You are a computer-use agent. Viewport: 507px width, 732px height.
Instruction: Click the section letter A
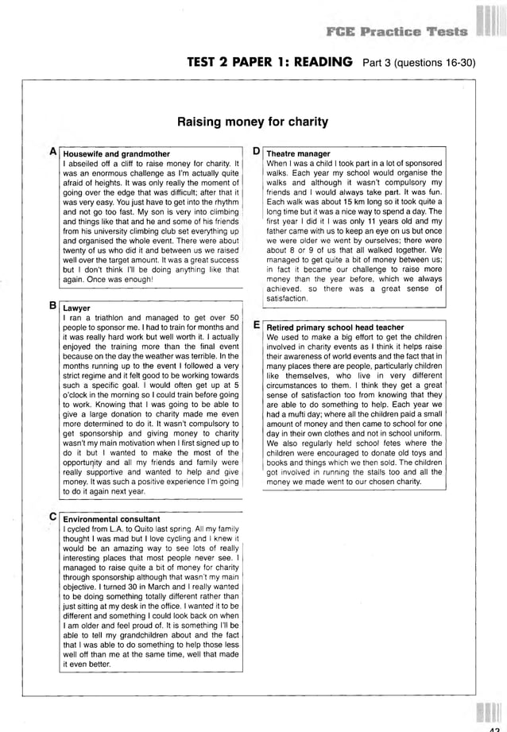(x=52, y=151)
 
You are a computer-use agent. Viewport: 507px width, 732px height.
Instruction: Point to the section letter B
(x=52, y=305)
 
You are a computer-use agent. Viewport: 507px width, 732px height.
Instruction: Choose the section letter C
(x=52, y=517)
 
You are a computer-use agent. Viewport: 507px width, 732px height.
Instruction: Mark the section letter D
(x=257, y=151)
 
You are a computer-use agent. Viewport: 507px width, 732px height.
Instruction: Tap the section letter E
(x=257, y=325)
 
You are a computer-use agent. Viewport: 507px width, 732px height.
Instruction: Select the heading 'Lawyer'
(x=76, y=308)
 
